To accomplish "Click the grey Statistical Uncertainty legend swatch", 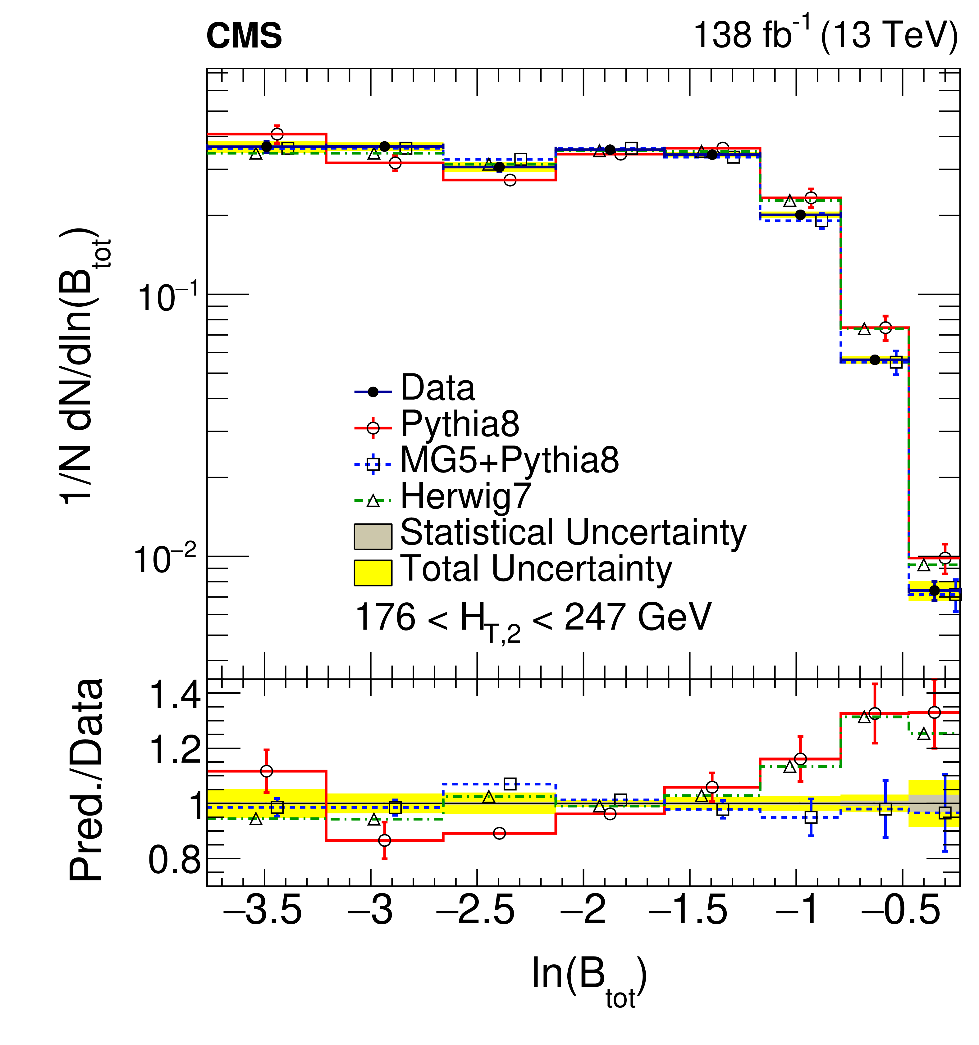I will click(373, 536).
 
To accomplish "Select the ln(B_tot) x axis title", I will click(589, 977).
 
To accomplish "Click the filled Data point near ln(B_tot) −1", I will click(800, 215).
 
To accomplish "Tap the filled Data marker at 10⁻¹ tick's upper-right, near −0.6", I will click(874, 360).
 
